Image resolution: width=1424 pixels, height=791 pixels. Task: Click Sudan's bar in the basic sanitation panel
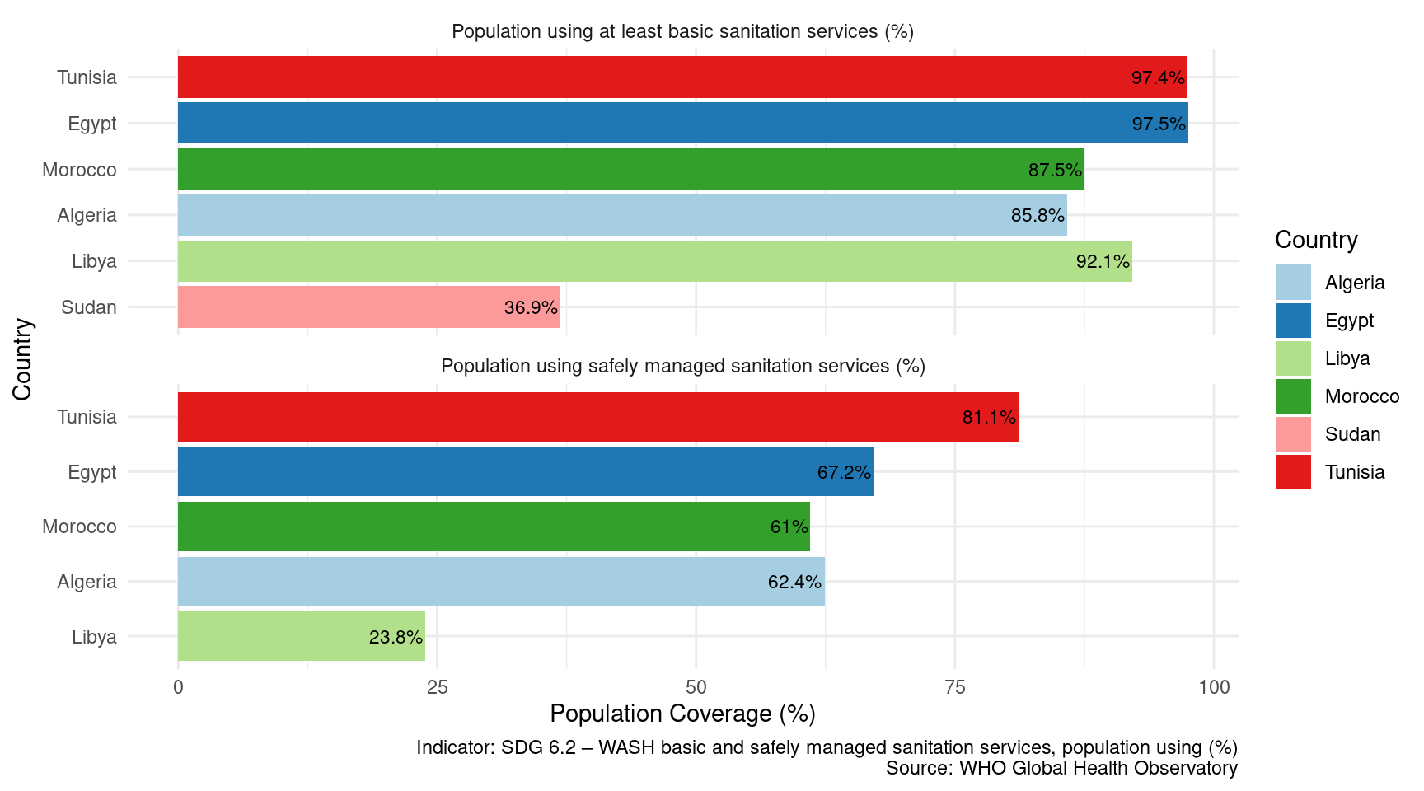(x=369, y=307)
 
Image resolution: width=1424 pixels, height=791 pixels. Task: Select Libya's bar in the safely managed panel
(x=302, y=636)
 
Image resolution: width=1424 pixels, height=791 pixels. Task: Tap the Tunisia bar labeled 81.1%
(x=597, y=417)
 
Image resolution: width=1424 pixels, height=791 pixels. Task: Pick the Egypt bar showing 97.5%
(x=682, y=123)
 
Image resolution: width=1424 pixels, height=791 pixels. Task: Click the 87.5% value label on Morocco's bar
(x=1054, y=170)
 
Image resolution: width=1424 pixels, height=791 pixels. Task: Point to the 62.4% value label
(x=794, y=582)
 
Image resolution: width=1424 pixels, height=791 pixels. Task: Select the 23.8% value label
(x=396, y=637)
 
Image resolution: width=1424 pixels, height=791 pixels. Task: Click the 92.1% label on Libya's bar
(x=1102, y=262)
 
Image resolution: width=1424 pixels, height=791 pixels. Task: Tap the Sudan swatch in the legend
(x=1293, y=434)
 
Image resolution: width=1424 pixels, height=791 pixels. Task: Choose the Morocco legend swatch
(x=1293, y=396)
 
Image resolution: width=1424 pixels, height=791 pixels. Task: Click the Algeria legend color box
(x=1293, y=283)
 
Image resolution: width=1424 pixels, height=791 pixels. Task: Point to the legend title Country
(x=1316, y=240)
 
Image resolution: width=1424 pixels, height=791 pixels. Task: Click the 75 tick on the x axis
(x=954, y=687)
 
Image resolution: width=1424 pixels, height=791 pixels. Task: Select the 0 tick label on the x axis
(x=178, y=687)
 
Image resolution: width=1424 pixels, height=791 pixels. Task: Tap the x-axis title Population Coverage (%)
(x=682, y=714)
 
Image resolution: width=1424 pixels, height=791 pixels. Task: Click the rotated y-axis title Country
(x=22, y=359)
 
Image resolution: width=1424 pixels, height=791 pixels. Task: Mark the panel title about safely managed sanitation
(x=682, y=366)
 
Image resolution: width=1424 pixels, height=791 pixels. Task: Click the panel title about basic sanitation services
(x=682, y=31)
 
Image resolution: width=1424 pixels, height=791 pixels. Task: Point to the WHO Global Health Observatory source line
(x=1061, y=768)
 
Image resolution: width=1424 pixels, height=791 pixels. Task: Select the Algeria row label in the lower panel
(x=87, y=582)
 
